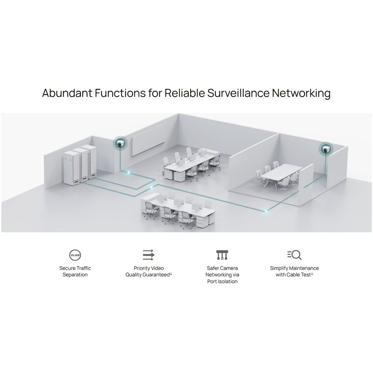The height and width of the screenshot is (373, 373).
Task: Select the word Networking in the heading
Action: (301, 93)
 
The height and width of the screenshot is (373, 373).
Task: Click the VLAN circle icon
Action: (75, 255)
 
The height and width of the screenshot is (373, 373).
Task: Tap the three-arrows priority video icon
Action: (149, 255)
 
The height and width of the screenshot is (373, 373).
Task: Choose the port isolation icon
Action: (222, 255)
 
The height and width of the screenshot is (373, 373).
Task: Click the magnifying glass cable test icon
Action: (294, 255)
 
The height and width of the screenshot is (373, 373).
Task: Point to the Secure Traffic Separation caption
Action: (75, 271)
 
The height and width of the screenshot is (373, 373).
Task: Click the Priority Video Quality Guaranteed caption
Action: (149, 271)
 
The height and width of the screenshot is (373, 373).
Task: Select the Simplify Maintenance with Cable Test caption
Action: (294, 271)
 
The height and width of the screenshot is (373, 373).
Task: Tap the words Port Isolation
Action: (222, 282)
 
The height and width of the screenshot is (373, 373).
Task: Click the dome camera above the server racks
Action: (120, 144)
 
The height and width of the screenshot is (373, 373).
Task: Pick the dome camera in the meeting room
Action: (326, 149)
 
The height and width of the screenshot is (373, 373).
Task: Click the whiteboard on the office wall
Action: (149, 139)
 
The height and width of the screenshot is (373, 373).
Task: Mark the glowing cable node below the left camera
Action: (129, 172)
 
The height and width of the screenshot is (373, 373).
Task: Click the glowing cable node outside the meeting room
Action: (266, 211)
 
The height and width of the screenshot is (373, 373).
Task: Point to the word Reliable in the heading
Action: (185, 93)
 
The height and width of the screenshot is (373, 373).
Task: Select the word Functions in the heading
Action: (120, 93)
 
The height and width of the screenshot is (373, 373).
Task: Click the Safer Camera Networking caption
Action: (222, 271)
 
